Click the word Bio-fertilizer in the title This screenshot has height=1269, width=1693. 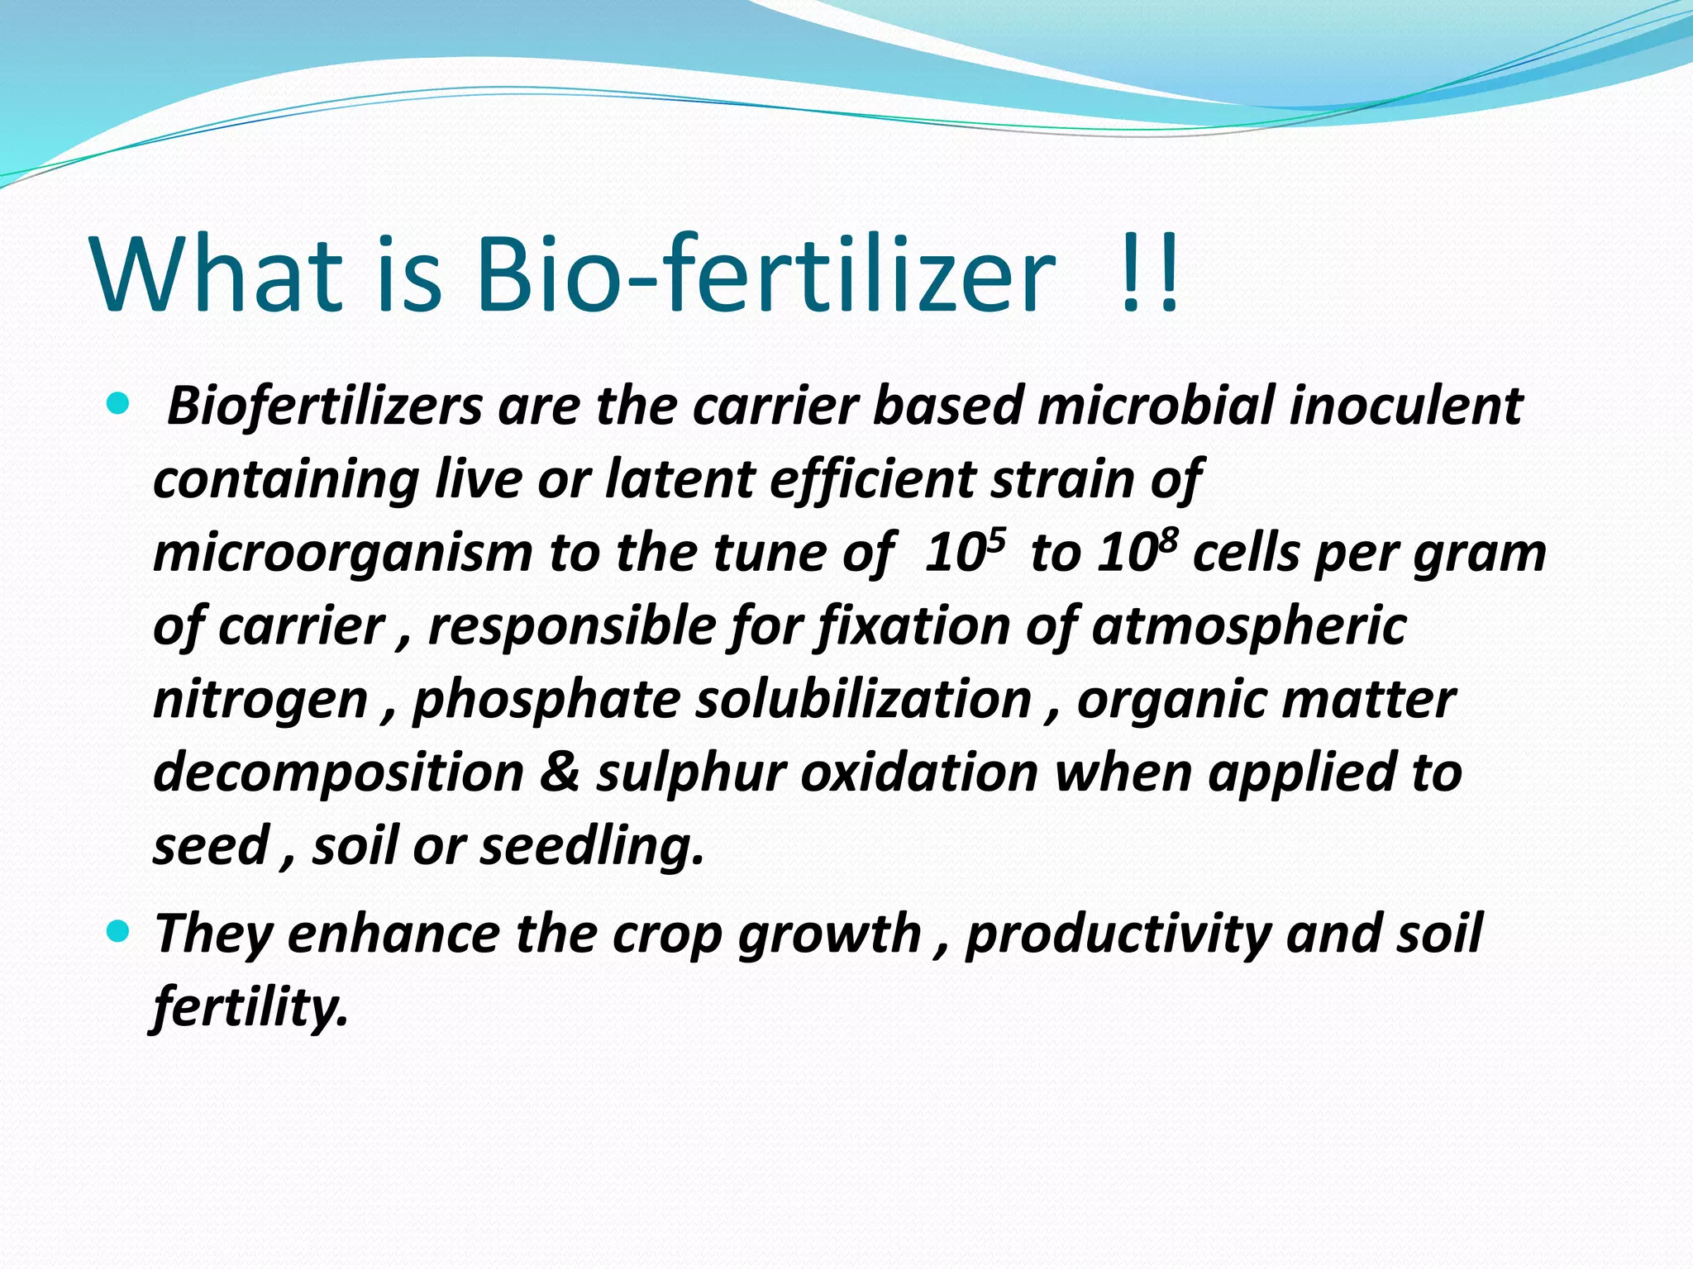pyautogui.click(x=765, y=274)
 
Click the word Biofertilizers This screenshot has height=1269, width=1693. pyautogui.click(x=324, y=406)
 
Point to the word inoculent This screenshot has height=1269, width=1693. pyautogui.click(x=1404, y=406)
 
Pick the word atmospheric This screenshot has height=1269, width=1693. pyautogui.click(x=1248, y=625)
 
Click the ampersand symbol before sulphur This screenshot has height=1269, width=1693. pyautogui.click(x=560, y=773)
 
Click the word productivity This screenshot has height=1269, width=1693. pyautogui.click(x=1117, y=934)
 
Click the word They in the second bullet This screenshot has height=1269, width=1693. pyautogui.click(x=213, y=934)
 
